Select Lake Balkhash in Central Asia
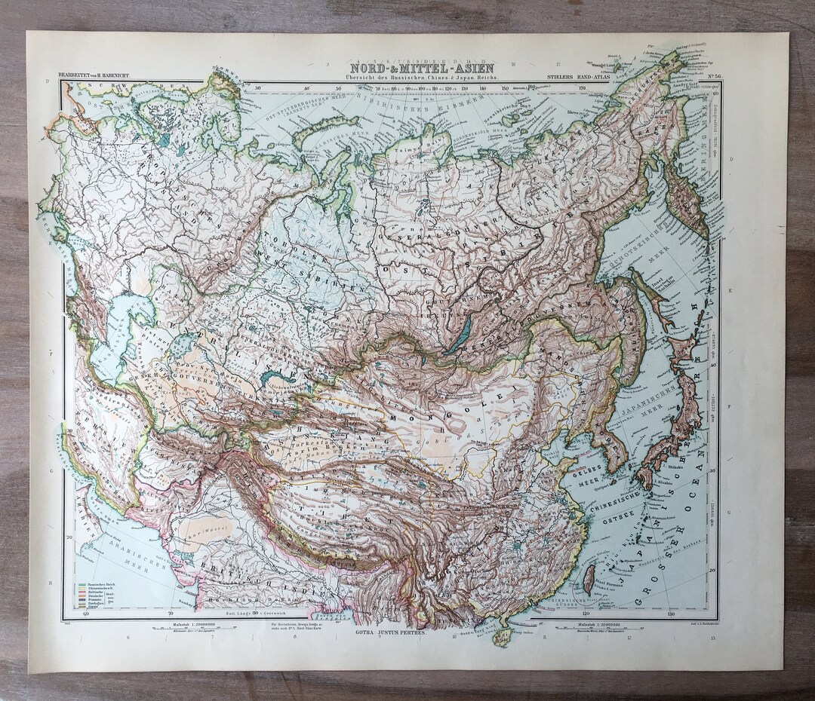click(x=278, y=376)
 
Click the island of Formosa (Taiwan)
click(x=589, y=579)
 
